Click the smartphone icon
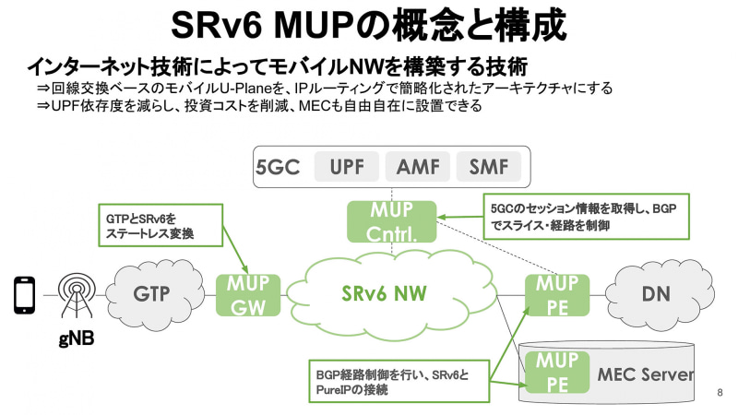pos(24,294)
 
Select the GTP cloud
pos(155,293)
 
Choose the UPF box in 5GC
pos(345,167)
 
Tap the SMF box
pos(488,167)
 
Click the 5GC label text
pos(278,168)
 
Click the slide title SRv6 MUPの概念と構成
pos(368,25)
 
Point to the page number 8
pos(719,393)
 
